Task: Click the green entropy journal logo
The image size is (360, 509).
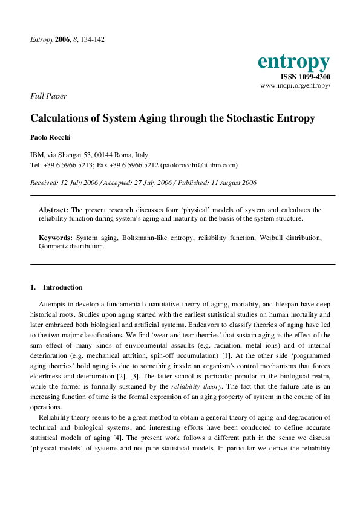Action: coord(293,62)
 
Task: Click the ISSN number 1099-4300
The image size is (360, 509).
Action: coord(305,77)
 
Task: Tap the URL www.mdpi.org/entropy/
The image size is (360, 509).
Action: coord(295,86)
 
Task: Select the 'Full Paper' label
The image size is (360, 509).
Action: coord(48,96)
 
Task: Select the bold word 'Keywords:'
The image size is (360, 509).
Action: coord(56,238)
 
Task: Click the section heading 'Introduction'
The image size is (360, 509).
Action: coord(63,287)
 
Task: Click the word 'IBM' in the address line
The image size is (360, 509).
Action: coord(36,155)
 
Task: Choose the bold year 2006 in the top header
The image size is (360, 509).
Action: coord(63,39)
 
